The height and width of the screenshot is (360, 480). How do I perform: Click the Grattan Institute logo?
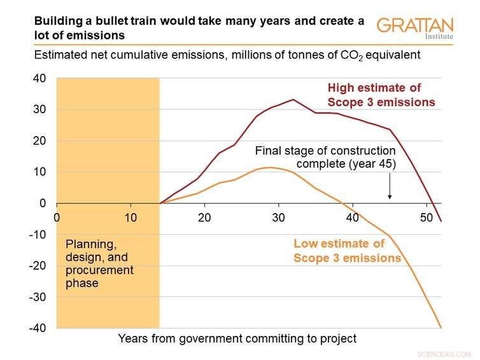click(414, 28)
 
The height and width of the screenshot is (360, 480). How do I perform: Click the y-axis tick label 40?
click(39, 78)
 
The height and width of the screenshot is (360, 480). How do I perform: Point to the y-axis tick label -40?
click(38, 328)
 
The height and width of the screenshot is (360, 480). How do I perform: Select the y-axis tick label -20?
click(38, 266)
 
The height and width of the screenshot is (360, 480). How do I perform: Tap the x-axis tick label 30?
click(278, 218)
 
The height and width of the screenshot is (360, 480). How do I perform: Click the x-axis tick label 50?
click(425, 218)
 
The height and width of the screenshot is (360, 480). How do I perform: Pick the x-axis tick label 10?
click(131, 218)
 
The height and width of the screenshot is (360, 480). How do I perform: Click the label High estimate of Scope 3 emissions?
click(381, 95)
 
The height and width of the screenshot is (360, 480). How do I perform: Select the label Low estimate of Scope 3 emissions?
click(347, 251)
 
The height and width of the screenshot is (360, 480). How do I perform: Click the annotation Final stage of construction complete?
click(325, 158)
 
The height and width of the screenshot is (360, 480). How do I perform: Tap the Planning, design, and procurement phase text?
click(99, 263)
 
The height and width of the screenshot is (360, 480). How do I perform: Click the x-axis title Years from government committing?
click(237, 338)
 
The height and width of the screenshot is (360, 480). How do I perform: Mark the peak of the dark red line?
click(293, 99)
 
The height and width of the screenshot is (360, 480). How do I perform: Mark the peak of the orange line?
click(271, 167)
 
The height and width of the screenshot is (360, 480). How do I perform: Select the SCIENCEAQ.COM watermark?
click(444, 354)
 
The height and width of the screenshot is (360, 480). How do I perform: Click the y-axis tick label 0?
click(43, 204)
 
